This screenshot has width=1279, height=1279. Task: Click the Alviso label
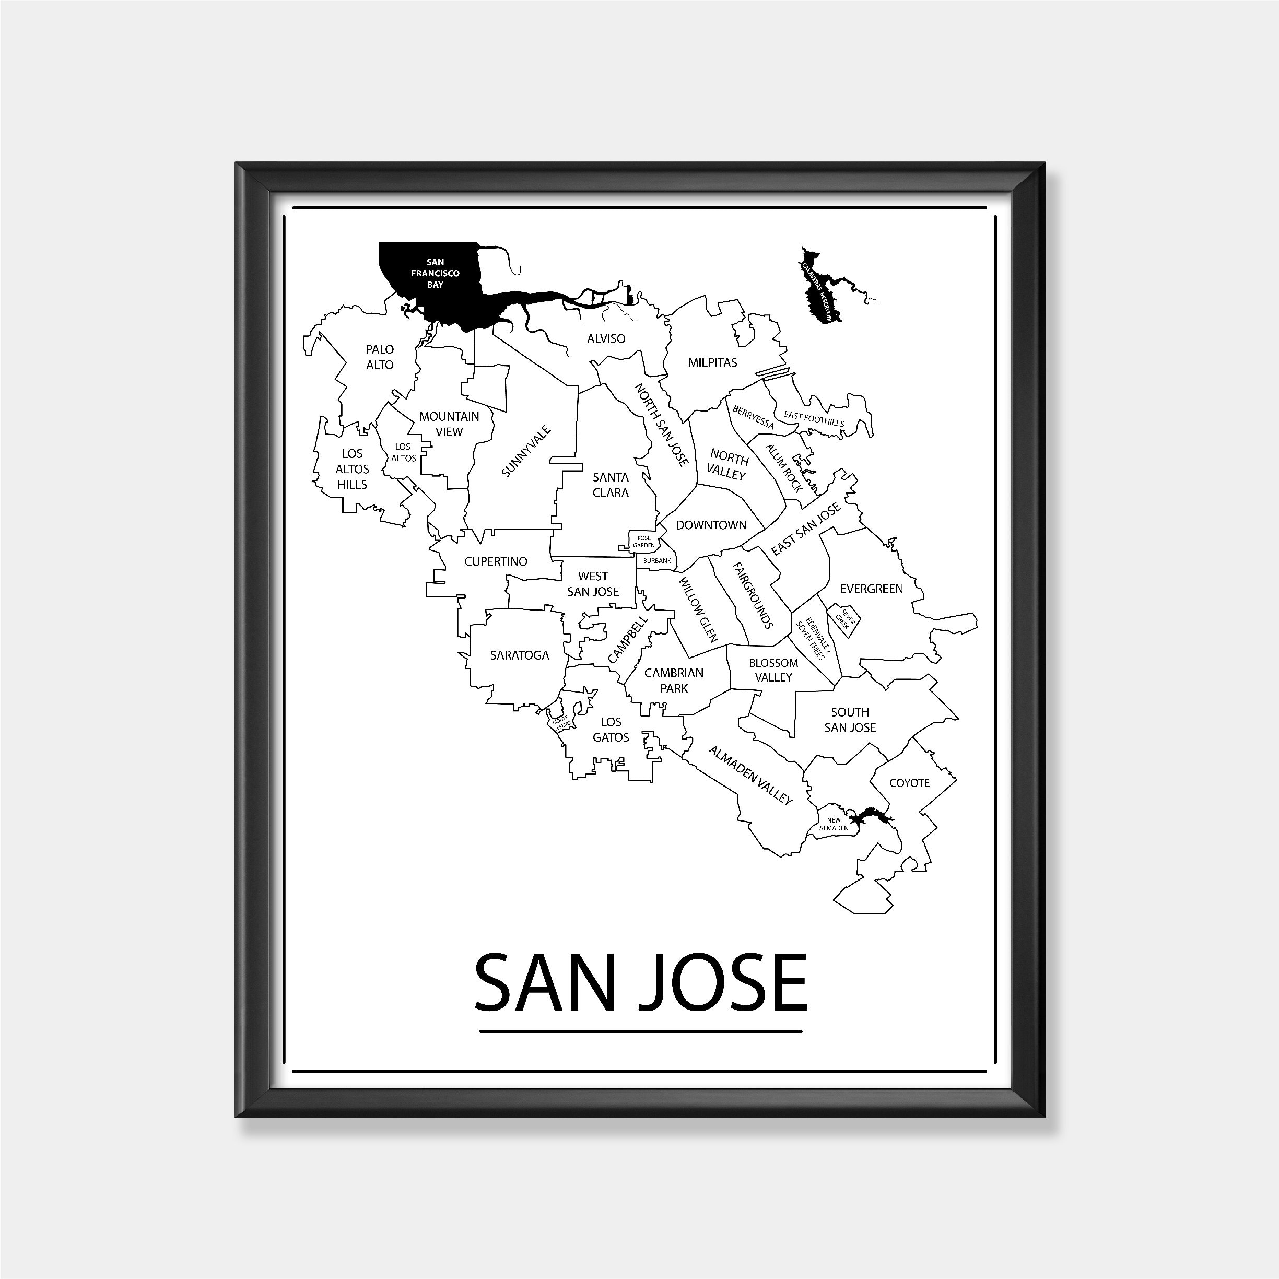coord(606,339)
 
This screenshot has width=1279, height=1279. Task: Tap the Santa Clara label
coord(611,485)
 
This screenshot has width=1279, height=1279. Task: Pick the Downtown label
coord(711,525)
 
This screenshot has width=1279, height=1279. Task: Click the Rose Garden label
coord(644,542)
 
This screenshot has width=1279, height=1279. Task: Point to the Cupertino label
coord(496,561)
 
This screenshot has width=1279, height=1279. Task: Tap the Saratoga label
coord(520,655)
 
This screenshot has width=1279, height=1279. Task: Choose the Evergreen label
coord(871,589)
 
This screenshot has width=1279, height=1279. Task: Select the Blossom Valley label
coord(773,670)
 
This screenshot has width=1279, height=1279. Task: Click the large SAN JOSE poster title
coord(640,983)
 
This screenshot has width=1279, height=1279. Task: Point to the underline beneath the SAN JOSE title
coord(640,1031)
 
